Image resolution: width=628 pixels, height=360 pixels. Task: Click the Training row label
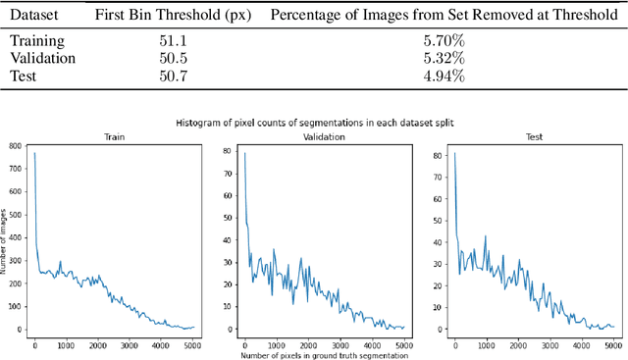click(36, 41)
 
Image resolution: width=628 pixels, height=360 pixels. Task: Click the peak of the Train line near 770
click(34, 153)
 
